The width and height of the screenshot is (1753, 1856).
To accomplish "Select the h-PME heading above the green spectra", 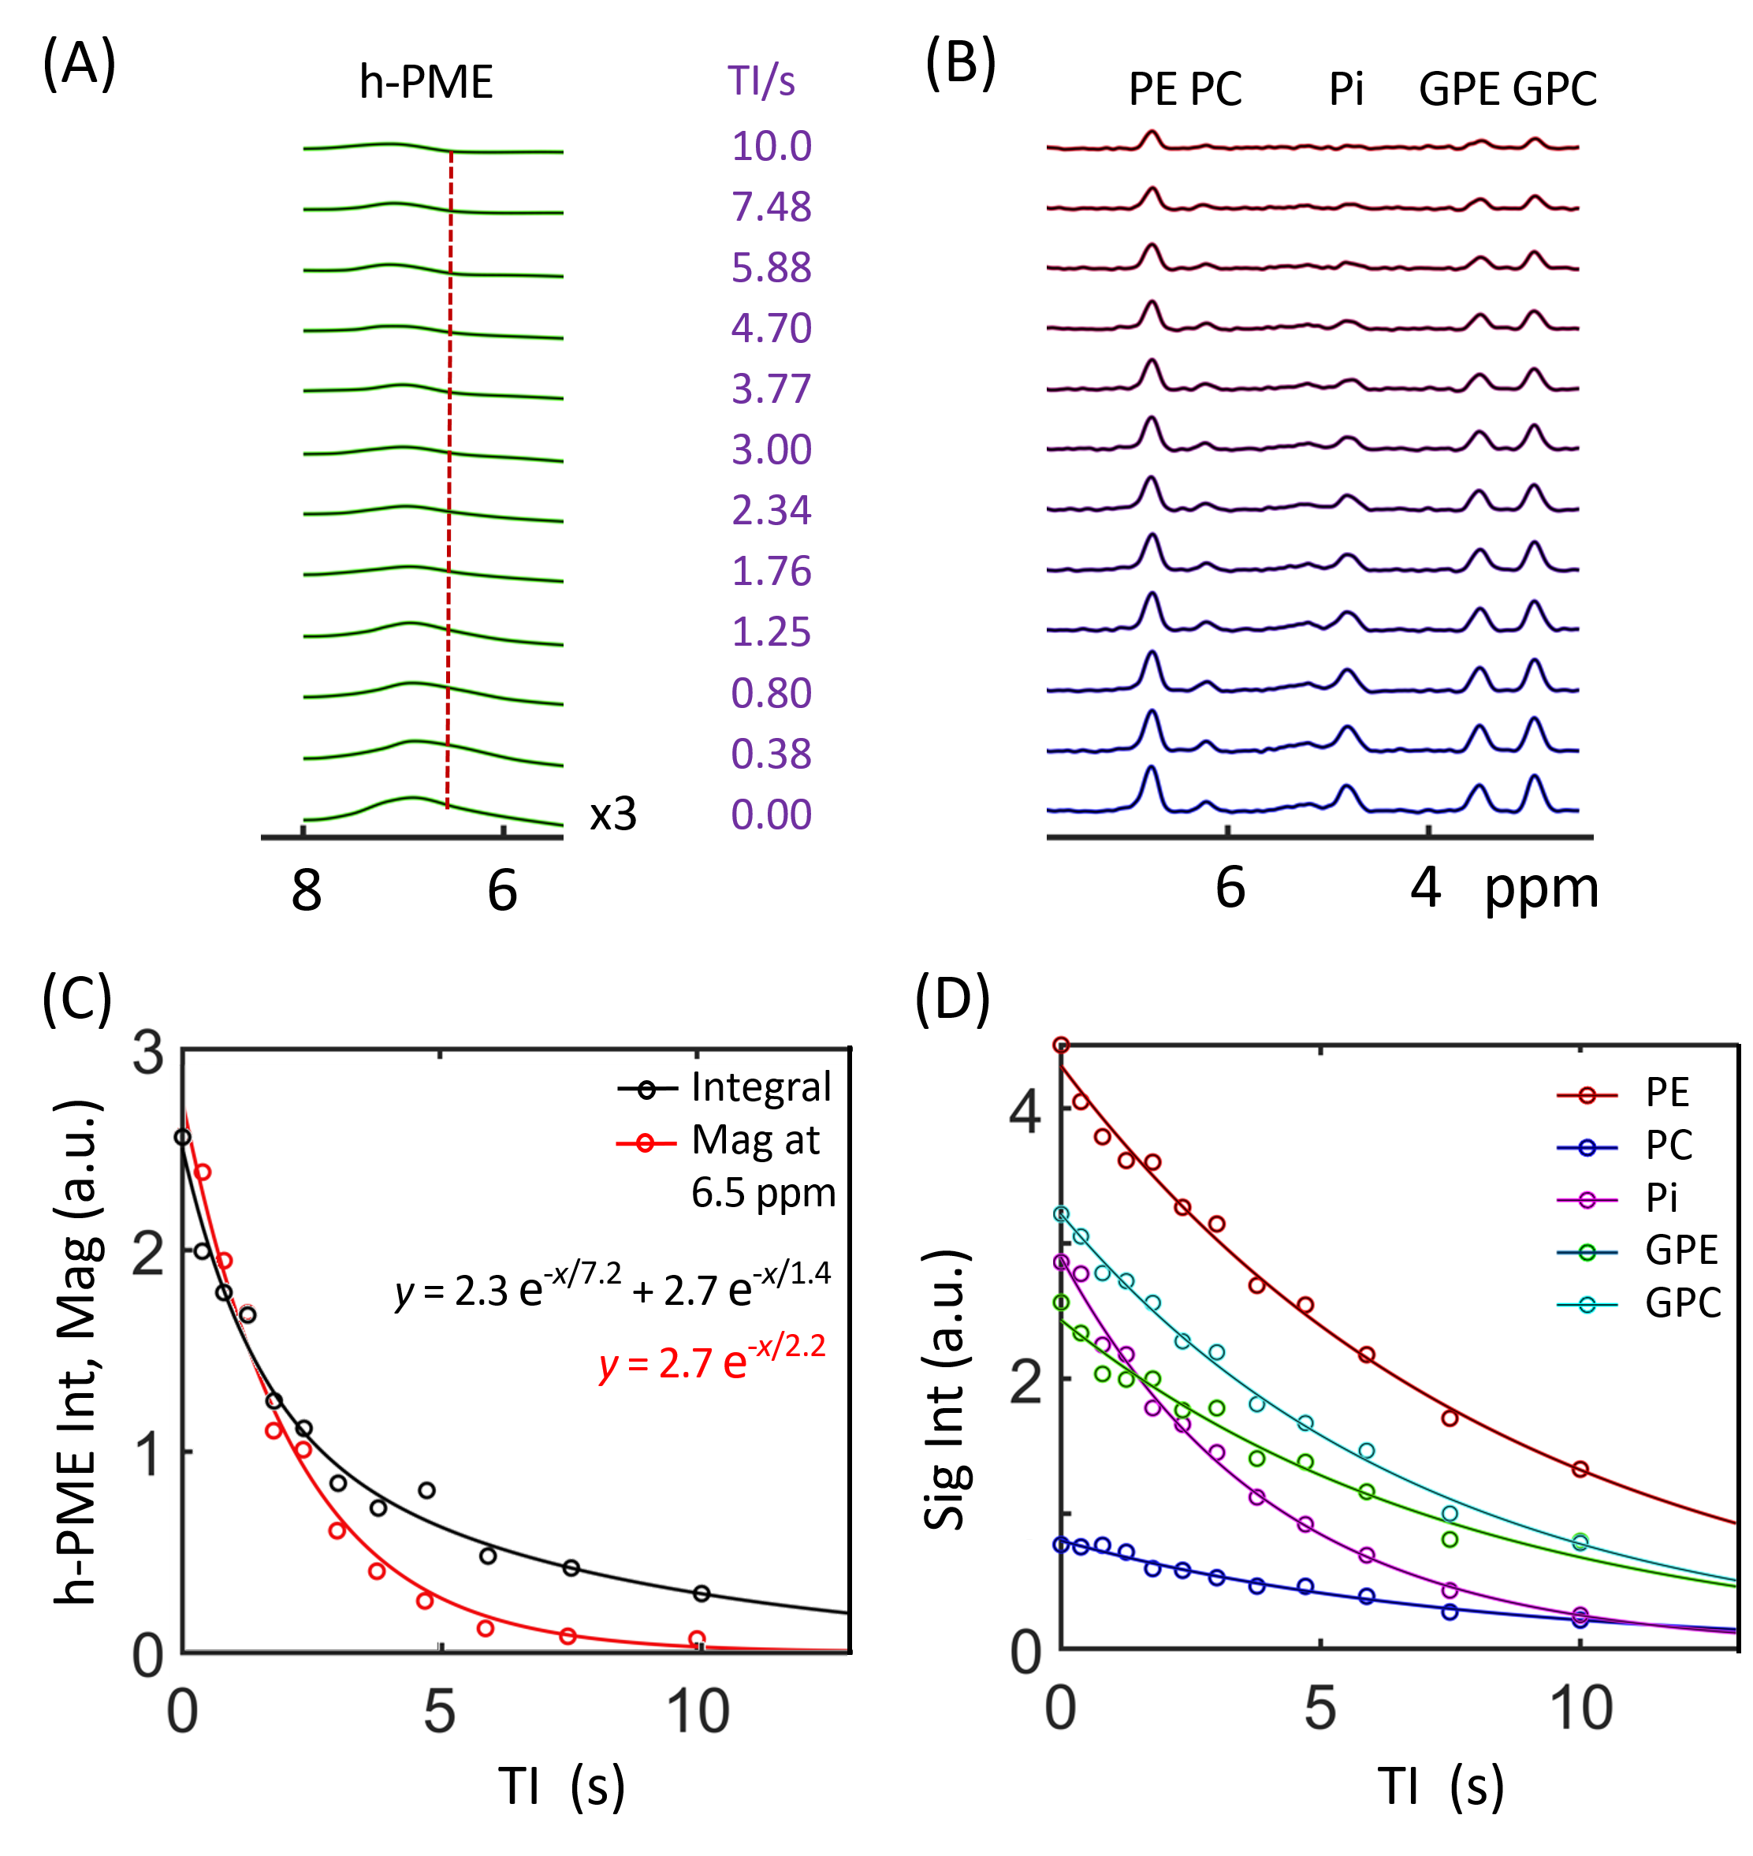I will coord(426,82).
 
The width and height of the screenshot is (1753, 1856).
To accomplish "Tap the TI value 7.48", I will coord(771,207).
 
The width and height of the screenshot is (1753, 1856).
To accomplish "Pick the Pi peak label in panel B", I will coord(1346,90).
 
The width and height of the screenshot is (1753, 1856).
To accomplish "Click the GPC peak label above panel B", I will coord(1555,90).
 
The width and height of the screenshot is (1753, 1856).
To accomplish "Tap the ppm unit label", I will coord(1542,888).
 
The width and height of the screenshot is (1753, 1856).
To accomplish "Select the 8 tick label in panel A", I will coord(307,891).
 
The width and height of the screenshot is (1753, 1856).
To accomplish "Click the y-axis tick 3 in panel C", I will coord(148,1053).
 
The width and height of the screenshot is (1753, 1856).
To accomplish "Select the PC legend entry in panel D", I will coord(1669,1146).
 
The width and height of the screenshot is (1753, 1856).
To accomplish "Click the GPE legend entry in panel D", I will coord(1681,1250).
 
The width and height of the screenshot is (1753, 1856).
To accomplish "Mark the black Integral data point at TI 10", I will coord(702,1593).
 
